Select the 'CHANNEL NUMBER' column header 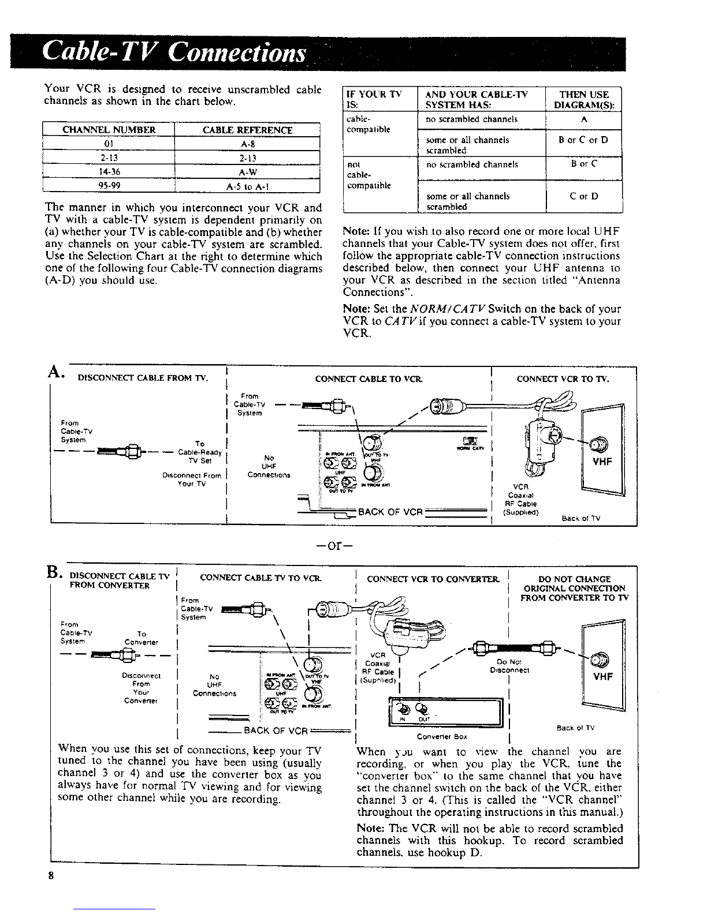coord(109,130)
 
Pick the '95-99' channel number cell coord(109,185)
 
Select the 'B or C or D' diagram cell coord(584,140)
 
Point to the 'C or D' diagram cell coord(584,196)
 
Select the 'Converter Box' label coord(441,736)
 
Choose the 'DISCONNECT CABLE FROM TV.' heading coord(142,379)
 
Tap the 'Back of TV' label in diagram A coord(581,518)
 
